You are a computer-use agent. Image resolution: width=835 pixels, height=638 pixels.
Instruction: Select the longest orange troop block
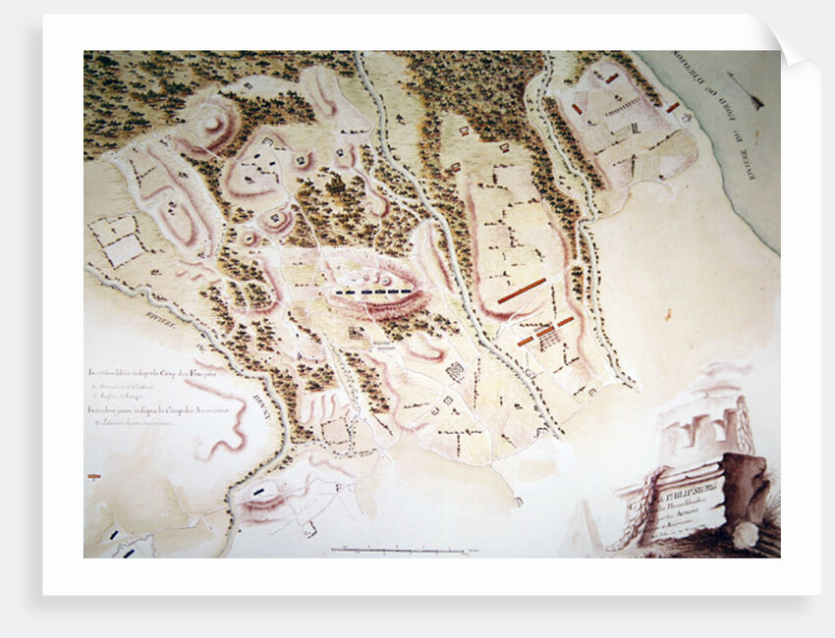click(x=522, y=290)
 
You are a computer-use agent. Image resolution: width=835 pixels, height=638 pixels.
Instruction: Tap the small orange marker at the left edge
click(x=93, y=476)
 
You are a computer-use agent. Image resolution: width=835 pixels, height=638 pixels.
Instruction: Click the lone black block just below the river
click(x=259, y=489)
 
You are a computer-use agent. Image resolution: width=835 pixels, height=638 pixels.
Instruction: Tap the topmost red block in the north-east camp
click(x=612, y=78)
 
